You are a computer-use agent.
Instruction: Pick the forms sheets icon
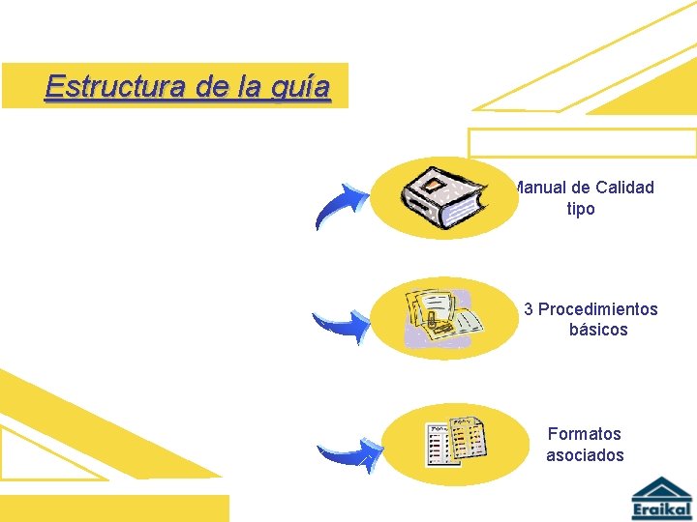click(456, 443)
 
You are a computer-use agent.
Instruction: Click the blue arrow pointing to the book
click(343, 206)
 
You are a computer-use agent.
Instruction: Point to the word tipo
click(581, 209)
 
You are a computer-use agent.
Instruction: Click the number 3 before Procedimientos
click(529, 309)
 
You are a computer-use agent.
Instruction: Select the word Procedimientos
click(597, 309)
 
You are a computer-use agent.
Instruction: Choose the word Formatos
click(584, 434)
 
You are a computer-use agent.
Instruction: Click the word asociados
click(585, 455)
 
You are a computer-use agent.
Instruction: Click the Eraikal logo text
click(662, 509)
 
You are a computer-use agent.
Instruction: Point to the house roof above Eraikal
click(662, 487)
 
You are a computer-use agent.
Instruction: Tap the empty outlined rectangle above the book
click(582, 142)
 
